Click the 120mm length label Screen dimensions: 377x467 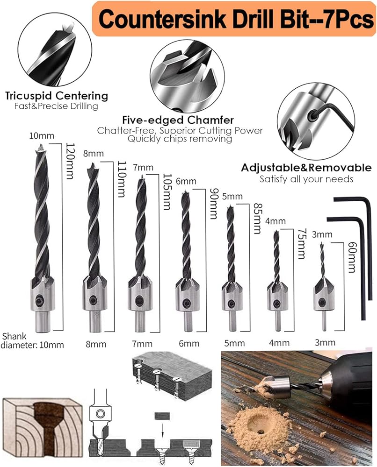click(x=69, y=161)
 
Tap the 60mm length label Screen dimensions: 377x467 click(x=352, y=257)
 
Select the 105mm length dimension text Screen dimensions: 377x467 click(x=167, y=192)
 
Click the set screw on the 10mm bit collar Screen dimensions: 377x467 click(x=39, y=301)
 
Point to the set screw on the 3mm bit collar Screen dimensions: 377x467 click(x=322, y=303)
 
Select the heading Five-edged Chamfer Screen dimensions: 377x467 click(x=178, y=120)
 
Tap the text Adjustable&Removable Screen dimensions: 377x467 click(x=306, y=168)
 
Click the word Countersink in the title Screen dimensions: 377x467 click(x=162, y=19)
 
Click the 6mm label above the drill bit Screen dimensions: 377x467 click(x=186, y=181)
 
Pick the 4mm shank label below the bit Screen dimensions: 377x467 click(x=279, y=343)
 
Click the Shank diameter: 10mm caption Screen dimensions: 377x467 click(x=32, y=341)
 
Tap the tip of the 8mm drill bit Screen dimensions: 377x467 click(x=93, y=164)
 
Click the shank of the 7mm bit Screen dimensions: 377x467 click(x=139, y=322)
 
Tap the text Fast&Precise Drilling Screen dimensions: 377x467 click(x=56, y=106)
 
